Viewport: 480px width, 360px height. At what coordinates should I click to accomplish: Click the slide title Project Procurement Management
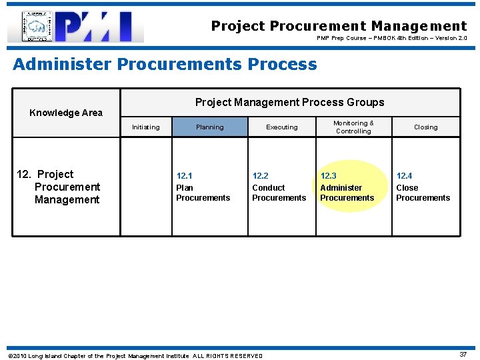point(339,26)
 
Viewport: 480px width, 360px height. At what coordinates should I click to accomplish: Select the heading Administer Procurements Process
point(165,64)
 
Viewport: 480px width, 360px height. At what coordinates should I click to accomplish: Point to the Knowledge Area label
point(66,113)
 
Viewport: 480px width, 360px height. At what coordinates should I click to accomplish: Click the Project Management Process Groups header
point(289,102)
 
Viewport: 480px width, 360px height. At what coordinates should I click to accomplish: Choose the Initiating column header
point(145,127)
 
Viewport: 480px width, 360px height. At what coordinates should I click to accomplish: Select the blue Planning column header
point(209,127)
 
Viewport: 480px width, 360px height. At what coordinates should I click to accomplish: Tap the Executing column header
point(282,127)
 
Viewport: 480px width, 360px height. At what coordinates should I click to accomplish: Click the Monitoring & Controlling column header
point(353,127)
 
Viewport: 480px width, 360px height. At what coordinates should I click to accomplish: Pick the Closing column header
point(425,127)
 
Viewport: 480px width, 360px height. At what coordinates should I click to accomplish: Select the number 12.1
point(184,176)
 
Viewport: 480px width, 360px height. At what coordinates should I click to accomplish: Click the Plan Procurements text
point(203,193)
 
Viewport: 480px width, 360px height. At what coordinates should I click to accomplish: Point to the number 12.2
point(260,176)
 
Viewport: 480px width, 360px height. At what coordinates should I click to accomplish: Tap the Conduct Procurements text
point(279,193)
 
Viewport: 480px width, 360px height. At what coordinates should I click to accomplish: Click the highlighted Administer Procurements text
point(347,193)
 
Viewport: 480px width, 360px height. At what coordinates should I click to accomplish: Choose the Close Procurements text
point(423,193)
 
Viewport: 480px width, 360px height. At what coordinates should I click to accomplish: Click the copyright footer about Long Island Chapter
point(135,355)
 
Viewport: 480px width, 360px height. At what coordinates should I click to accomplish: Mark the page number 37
point(463,355)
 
